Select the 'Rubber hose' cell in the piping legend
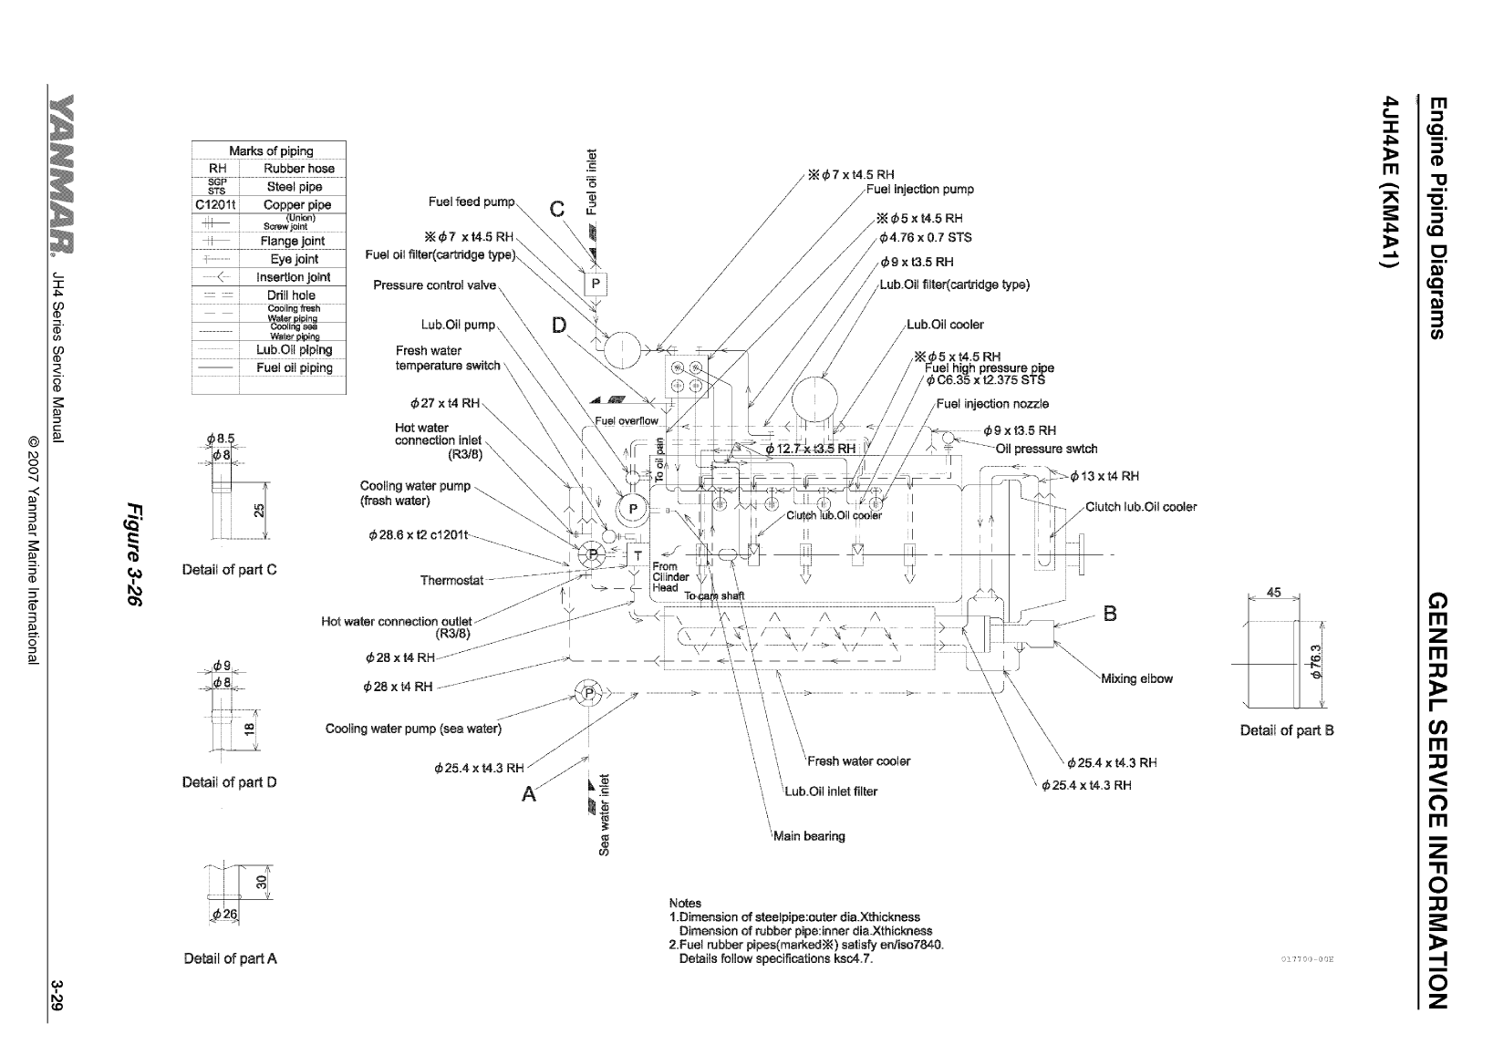tap(298, 169)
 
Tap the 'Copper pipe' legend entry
tap(296, 205)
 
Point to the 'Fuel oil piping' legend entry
tap(294, 368)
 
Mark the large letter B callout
tap(1110, 614)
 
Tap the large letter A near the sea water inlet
tap(529, 795)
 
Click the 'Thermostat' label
tap(451, 581)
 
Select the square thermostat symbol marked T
tap(638, 554)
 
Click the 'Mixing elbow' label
tap(1136, 678)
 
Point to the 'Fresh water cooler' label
tap(858, 761)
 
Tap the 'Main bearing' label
tap(809, 836)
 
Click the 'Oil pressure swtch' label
tap(1046, 449)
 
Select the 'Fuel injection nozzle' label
tap(992, 404)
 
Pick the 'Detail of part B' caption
tap(1286, 730)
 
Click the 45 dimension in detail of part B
tap(1274, 593)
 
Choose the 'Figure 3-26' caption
tap(135, 554)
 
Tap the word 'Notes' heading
tap(685, 904)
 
